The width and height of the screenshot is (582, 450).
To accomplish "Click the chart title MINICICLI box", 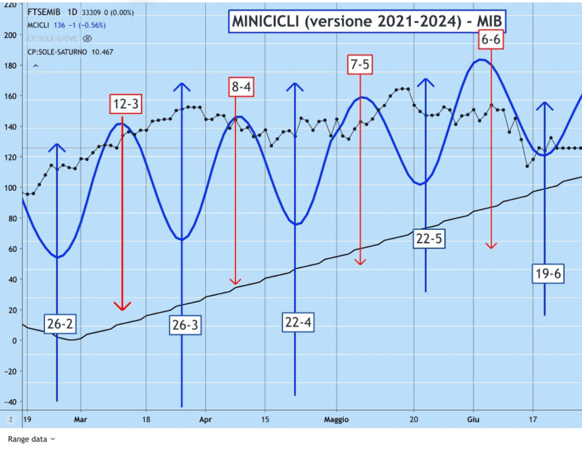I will (367, 21).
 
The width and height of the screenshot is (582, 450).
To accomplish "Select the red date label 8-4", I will (242, 86).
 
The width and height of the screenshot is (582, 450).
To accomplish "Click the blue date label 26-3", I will (185, 325).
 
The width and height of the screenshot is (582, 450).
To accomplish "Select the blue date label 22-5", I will (429, 239).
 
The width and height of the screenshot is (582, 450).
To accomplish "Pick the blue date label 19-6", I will (548, 274).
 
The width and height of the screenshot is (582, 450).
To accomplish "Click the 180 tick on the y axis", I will (9, 65).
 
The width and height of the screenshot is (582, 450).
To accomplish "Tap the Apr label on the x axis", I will (206, 420).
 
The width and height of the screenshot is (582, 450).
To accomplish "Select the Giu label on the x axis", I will (473, 420).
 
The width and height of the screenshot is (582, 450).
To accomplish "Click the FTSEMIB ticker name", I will (41, 11).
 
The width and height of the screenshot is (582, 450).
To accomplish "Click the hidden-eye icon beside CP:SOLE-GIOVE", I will (88, 39).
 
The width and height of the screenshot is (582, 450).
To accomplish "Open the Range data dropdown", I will (32, 439).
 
